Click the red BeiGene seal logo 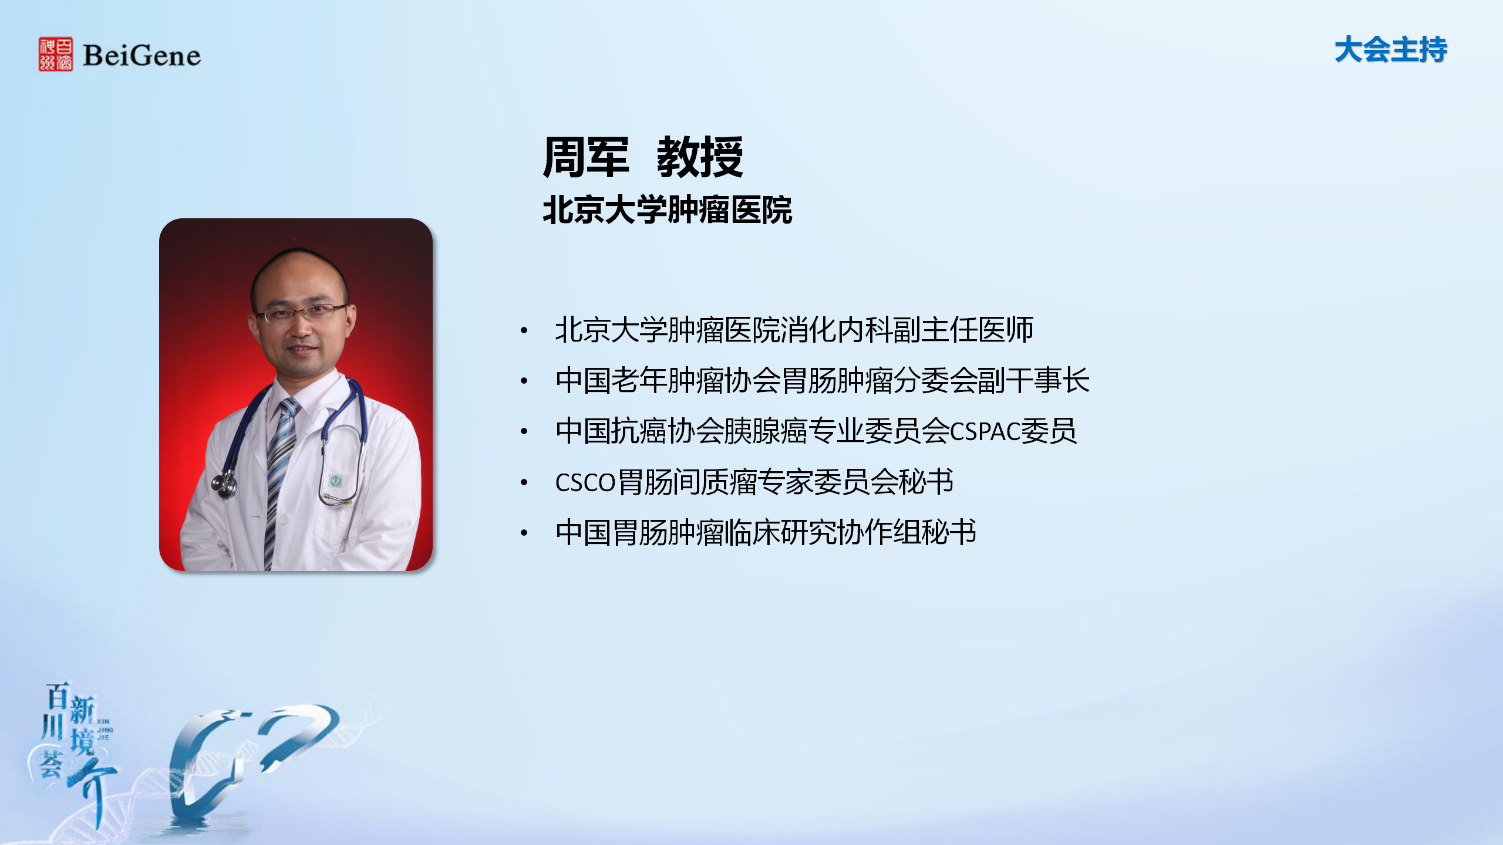[x=56, y=54]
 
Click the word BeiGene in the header [x=142, y=56]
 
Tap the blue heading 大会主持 [x=1390, y=49]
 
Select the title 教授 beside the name [x=700, y=157]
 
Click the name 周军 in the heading [x=586, y=157]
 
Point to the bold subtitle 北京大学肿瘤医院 [x=668, y=210]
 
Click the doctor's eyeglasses [x=301, y=313]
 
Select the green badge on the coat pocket [x=335, y=481]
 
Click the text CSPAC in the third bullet [x=985, y=431]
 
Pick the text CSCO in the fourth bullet [x=585, y=482]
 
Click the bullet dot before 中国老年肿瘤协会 [x=524, y=381]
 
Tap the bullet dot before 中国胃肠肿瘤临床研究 [x=524, y=533]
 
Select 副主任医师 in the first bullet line [x=963, y=330]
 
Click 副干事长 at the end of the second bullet [x=1033, y=380]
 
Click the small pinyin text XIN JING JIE [x=104, y=729]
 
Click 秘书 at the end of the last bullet [x=949, y=532]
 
